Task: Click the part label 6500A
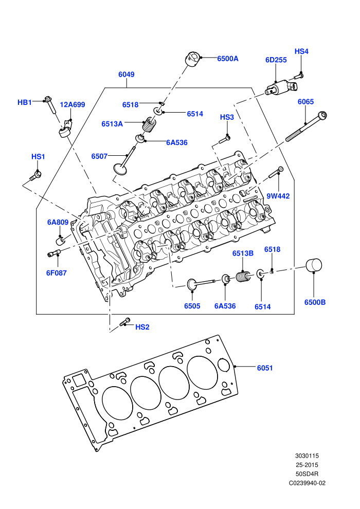pyautogui.click(x=227, y=59)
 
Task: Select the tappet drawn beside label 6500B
pyautogui.click(x=314, y=265)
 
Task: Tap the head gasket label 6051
pyautogui.click(x=265, y=368)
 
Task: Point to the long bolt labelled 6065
pyautogui.click(x=306, y=126)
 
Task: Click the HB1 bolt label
pyautogui.click(x=25, y=102)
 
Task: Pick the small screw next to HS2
pyautogui.click(x=124, y=322)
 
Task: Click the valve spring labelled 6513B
pyautogui.click(x=243, y=277)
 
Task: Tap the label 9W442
pyautogui.click(x=278, y=196)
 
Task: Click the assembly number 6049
pyautogui.click(x=127, y=75)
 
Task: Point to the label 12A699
pyautogui.click(x=73, y=104)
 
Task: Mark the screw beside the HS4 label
pyautogui.click(x=299, y=77)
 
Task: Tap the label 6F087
pyautogui.click(x=57, y=273)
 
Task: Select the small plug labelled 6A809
pyautogui.click(x=61, y=241)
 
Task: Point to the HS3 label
pyautogui.click(x=227, y=117)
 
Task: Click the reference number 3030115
pyautogui.click(x=307, y=456)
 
